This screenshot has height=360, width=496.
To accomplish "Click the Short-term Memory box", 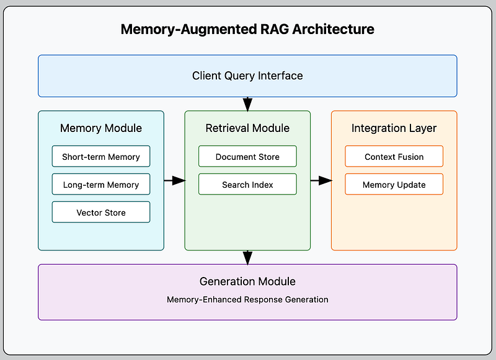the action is click(x=101, y=156).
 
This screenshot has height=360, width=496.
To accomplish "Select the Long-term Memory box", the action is click(x=101, y=184).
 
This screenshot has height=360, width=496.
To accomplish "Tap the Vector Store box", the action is click(x=101, y=212).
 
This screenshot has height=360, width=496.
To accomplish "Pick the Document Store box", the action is click(x=247, y=156).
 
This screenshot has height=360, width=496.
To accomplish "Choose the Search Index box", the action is click(x=247, y=184).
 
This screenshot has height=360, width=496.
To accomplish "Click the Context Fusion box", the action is click(x=394, y=156).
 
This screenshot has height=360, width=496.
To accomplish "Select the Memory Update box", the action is click(x=394, y=184).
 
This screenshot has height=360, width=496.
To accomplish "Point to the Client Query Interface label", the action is click(x=247, y=76).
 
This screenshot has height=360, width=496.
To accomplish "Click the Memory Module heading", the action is click(x=101, y=128).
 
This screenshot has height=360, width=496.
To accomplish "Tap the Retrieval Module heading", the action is click(x=247, y=128).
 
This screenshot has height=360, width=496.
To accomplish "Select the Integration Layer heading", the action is click(x=394, y=128).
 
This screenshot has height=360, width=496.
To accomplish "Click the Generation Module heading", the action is click(x=247, y=281).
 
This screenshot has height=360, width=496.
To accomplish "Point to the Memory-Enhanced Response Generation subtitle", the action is click(x=247, y=299).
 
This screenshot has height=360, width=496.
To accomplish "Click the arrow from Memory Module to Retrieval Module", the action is click(x=175, y=180).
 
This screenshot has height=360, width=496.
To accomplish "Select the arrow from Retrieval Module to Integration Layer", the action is click(x=321, y=180).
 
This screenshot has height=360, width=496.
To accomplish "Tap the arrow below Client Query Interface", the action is click(x=247, y=104).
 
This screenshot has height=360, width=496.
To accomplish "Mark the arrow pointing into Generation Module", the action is click(x=247, y=258).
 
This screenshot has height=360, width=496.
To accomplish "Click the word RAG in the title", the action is click(x=275, y=29).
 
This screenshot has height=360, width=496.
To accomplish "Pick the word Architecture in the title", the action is click(x=334, y=29).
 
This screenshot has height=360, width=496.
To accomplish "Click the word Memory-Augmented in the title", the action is click(x=189, y=29).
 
